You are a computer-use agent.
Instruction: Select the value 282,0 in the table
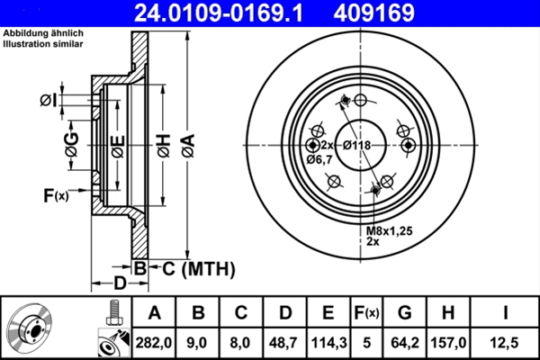coord(155,341)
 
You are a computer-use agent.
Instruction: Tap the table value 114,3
coord(327,341)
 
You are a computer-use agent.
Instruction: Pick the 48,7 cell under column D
coord(283,341)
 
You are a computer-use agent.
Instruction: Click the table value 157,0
coord(453,341)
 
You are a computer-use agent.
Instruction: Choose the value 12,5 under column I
coord(506,341)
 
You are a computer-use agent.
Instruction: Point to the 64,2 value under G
coord(406,341)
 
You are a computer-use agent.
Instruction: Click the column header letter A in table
coord(155,312)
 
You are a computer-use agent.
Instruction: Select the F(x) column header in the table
coord(365,312)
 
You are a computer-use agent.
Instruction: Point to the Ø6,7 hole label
coord(319,159)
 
